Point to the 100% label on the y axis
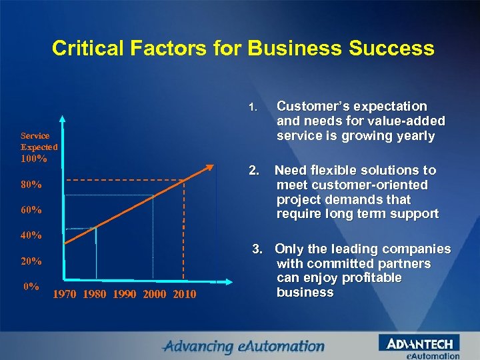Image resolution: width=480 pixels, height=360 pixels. click(34, 159)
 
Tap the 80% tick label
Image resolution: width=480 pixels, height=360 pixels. click(31, 185)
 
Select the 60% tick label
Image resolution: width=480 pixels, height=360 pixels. click(31, 210)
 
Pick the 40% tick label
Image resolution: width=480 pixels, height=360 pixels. click(31, 235)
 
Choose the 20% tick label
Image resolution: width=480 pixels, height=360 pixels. click(31, 261)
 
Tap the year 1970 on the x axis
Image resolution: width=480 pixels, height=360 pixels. click(65, 295)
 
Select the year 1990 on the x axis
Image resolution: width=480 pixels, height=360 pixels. click(124, 295)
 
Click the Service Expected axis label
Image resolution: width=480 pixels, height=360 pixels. click(39, 141)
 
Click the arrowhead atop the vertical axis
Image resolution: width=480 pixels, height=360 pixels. click(63, 120)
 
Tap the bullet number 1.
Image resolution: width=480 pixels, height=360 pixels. click(252, 107)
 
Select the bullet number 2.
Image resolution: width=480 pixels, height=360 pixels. click(253, 171)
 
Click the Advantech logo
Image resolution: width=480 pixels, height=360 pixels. click(419, 344)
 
